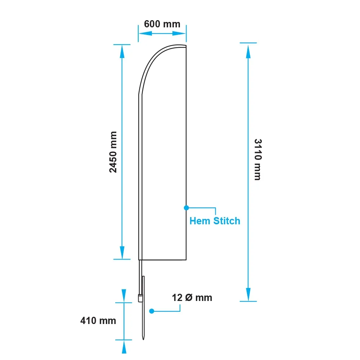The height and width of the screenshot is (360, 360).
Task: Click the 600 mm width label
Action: point(162,24)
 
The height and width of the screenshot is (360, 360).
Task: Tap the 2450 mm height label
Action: point(113,152)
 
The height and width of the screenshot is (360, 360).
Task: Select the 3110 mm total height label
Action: point(258,159)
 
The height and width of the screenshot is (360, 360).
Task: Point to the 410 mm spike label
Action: point(98,321)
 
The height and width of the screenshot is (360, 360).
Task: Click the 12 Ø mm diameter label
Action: point(192,298)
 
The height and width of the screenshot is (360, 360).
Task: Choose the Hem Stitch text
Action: point(215,221)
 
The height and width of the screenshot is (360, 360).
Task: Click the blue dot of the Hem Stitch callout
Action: point(186,208)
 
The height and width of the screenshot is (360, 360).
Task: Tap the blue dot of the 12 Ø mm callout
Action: point(152,311)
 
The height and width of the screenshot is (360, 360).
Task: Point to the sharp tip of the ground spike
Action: point(143,339)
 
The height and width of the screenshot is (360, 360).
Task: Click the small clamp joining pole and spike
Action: point(140,298)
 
